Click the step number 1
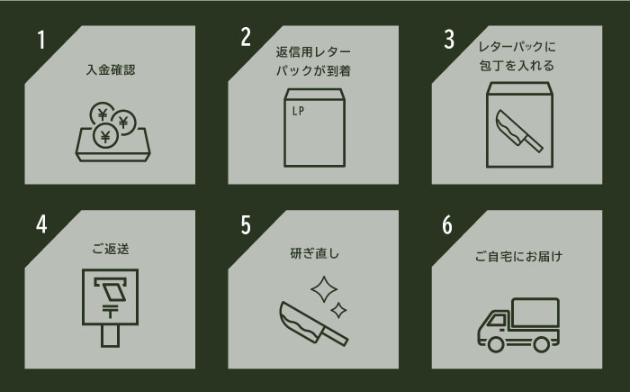click(41, 41)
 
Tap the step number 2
click(245, 38)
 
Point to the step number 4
click(41, 223)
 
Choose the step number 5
click(245, 223)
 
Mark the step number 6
click(448, 223)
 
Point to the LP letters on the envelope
click(300, 112)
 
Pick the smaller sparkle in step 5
click(339, 311)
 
